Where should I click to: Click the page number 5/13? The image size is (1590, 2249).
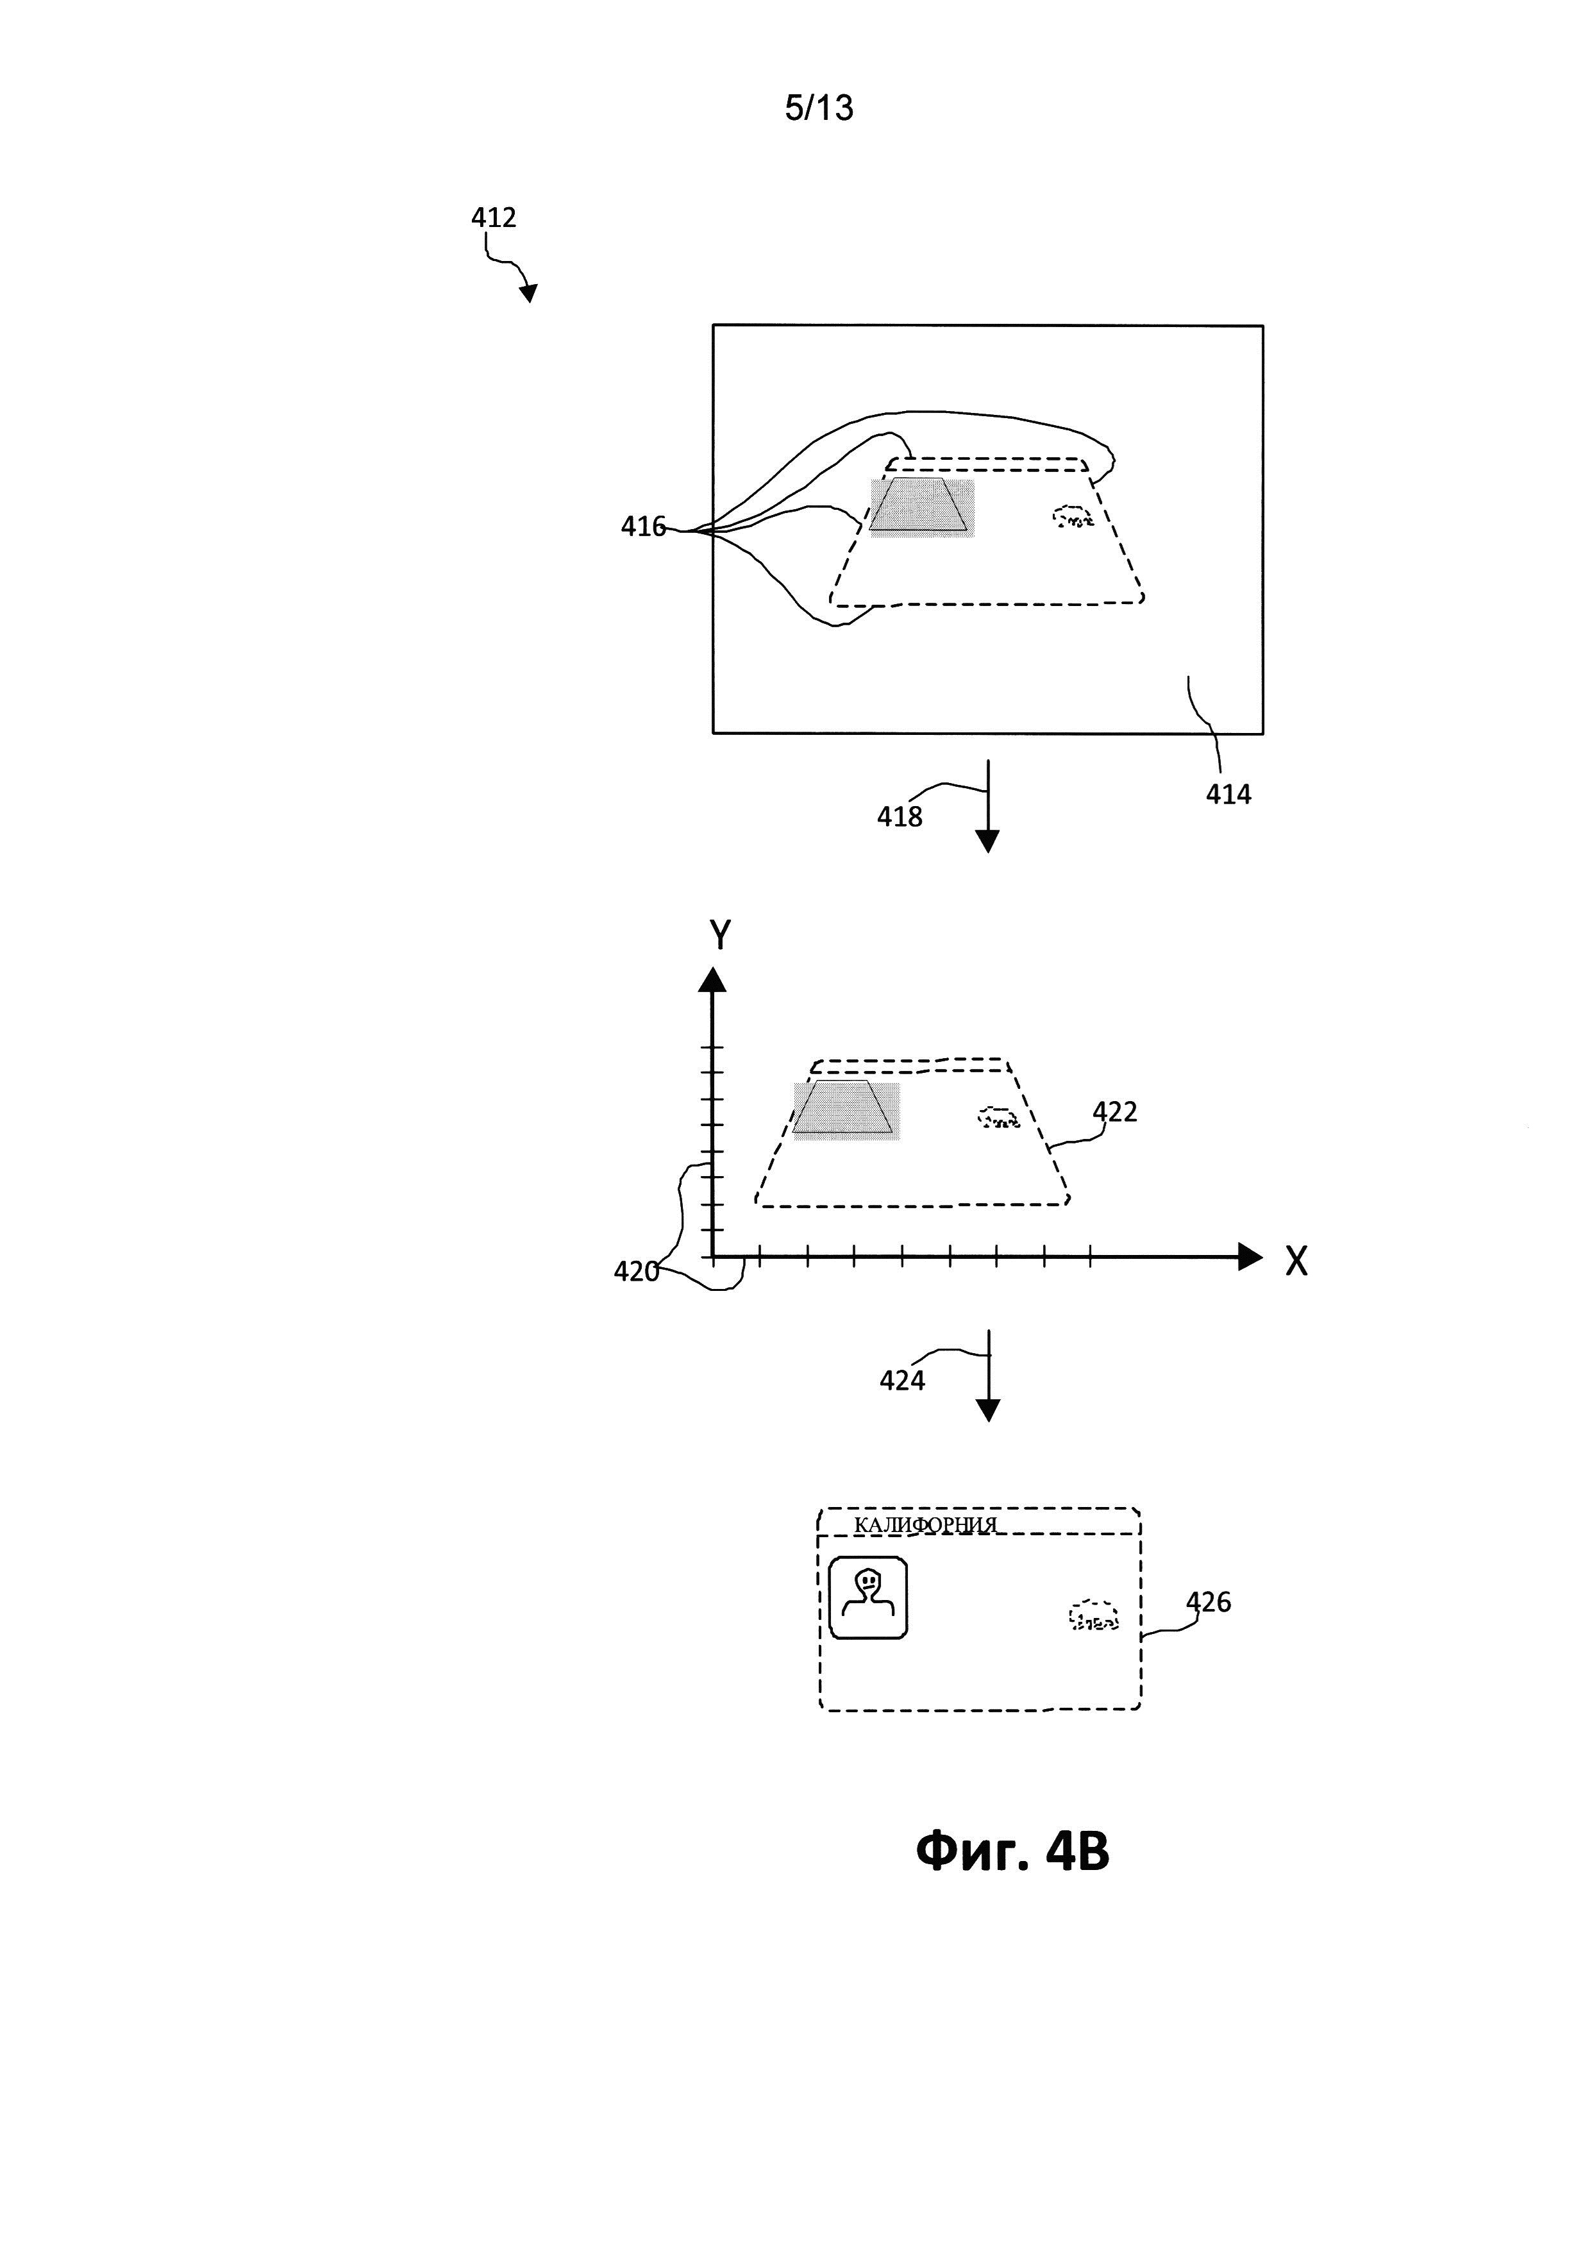click(x=819, y=108)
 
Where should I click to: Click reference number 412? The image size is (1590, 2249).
click(x=494, y=217)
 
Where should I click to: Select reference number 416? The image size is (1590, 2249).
click(x=642, y=527)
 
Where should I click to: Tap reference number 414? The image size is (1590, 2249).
click(x=1228, y=795)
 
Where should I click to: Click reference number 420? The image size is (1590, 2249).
click(x=635, y=1272)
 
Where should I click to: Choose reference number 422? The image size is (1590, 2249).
click(x=1114, y=1112)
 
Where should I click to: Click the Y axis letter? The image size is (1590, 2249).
click(x=719, y=936)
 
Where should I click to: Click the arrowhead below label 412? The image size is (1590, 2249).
click(x=529, y=292)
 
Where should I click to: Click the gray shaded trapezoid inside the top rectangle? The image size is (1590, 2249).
click(x=919, y=507)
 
